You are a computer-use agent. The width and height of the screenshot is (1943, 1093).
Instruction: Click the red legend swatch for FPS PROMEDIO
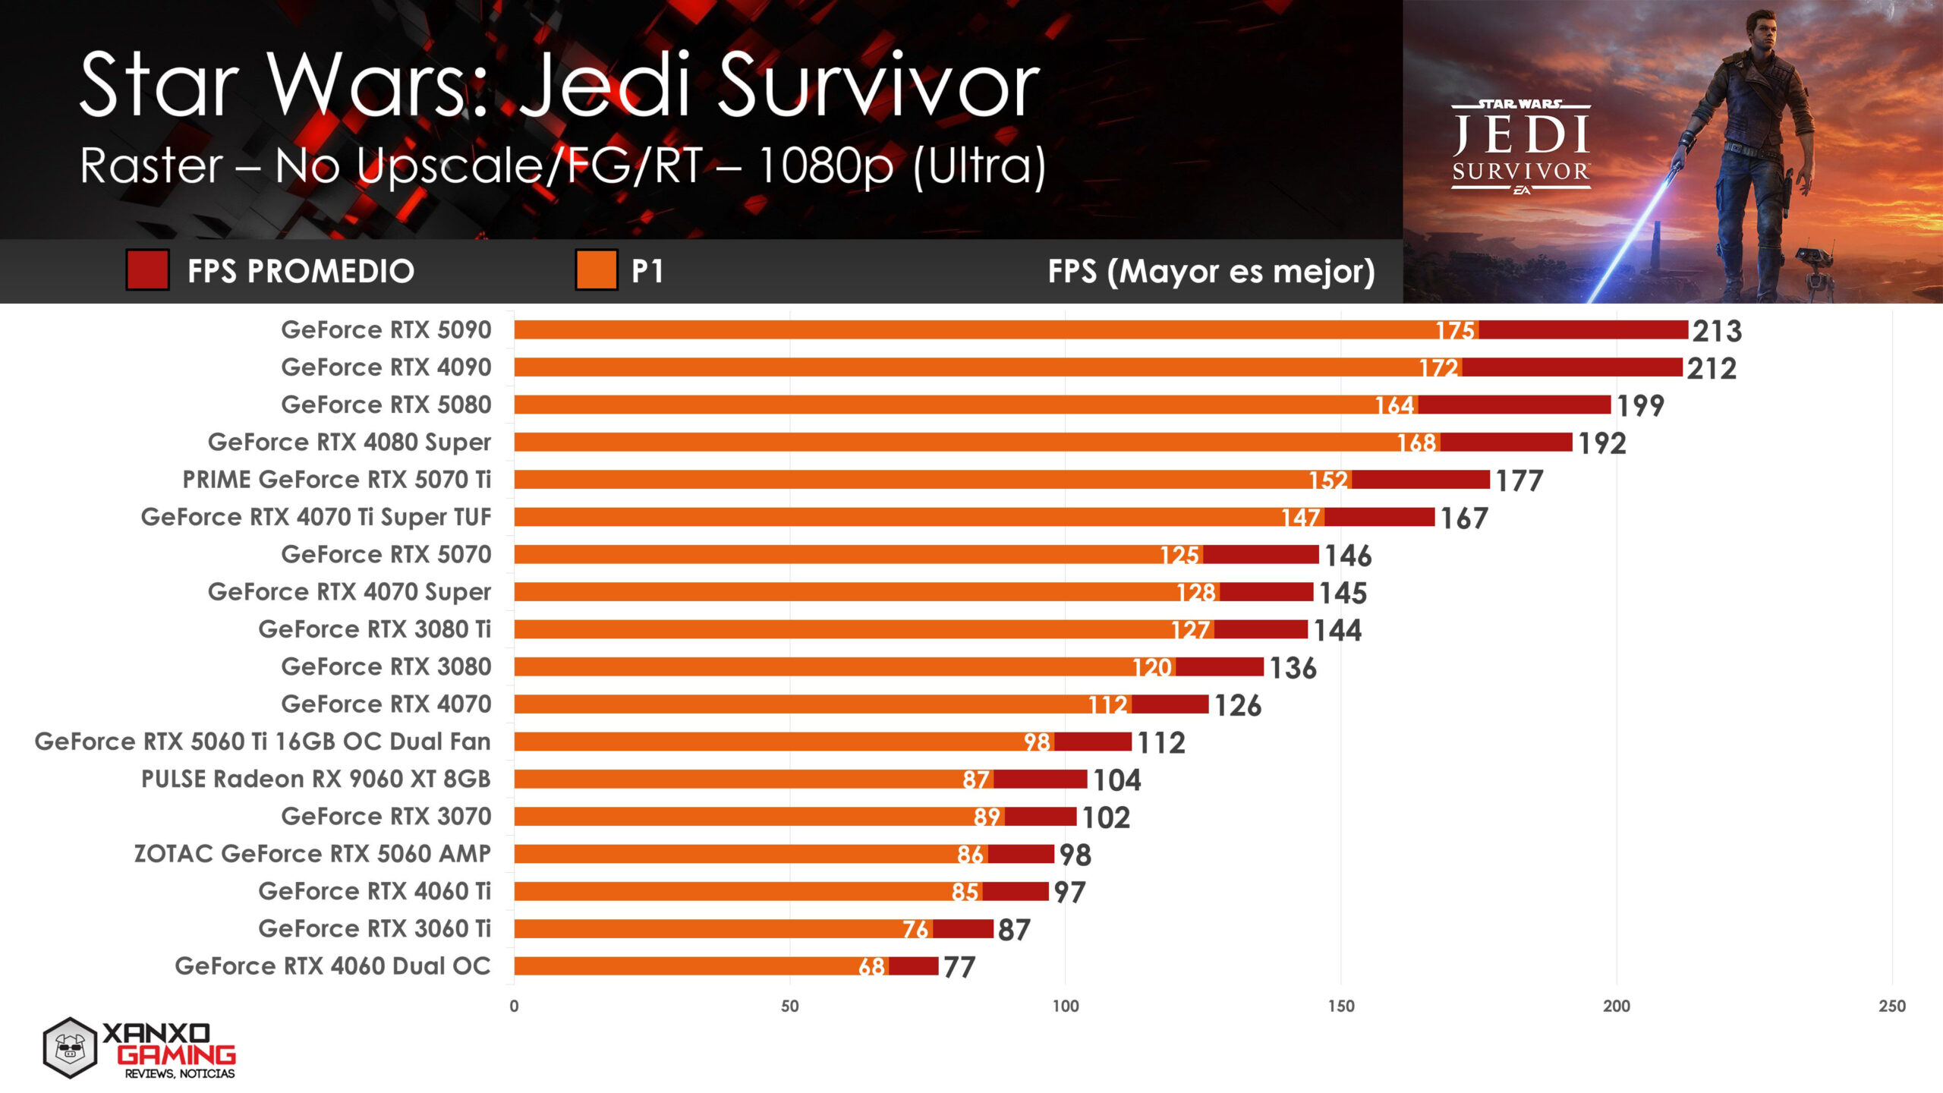click(x=147, y=270)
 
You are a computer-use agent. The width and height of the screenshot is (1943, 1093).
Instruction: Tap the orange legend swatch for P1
click(x=596, y=270)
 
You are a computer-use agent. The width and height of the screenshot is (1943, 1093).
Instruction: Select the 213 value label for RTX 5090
click(x=1717, y=331)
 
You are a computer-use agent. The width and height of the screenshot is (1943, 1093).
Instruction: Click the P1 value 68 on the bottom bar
click(x=871, y=967)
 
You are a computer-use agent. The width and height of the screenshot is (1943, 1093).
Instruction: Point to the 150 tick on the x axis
click(x=1340, y=1006)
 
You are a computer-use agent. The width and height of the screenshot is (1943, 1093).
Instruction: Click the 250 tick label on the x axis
click(x=1891, y=1006)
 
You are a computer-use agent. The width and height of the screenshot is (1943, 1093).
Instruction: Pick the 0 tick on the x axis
click(x=514, y=1006)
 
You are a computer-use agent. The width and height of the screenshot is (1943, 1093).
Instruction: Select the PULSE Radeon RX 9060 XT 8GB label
click(x=316, y=780)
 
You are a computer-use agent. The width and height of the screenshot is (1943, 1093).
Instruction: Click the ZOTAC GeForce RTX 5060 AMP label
click(x=312, y=854)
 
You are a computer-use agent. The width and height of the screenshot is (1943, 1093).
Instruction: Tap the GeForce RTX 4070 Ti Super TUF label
click(x=316, y=517)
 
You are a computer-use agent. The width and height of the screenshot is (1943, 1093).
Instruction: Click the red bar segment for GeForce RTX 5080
click(x=1513, y=405)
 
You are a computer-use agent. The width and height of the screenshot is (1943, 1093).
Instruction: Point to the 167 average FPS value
click(x=1464, y=518)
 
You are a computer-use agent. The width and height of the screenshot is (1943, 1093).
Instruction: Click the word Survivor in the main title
click(x=877, y=85)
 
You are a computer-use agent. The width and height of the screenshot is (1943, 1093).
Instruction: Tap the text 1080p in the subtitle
click(x=826, y=165)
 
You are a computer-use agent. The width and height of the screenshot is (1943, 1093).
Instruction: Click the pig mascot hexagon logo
click(x=70, y=1048)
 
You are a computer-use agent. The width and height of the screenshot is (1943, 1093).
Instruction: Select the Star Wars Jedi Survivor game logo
click(x=1521, y=148)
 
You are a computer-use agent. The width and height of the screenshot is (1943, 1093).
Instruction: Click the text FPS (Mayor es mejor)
click(x=1211, y=271)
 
